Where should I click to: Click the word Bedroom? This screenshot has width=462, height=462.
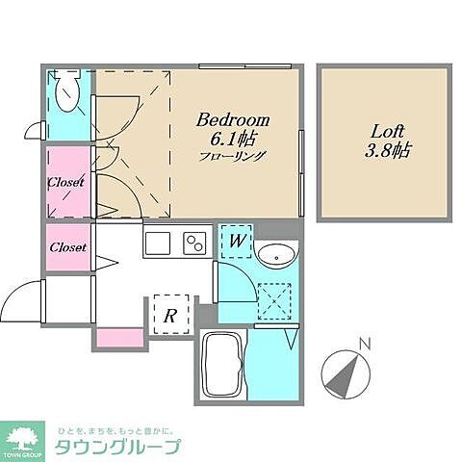pyautogui.click(x=233, y=120)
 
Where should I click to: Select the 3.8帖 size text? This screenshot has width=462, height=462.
pyautogui.click(x=384, y=150)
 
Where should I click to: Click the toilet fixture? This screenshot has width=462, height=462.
pyautogui.click(x=68, y=93)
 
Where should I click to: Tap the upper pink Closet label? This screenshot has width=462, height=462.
pyautogui.click(x=66, y=181)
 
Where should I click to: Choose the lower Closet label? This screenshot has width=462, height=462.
pyautogui.click(x=66, y=247)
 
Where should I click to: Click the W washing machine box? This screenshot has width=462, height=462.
pyautogui.click(x=235, y=242)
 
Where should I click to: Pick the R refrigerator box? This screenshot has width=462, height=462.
pyautogui.click(x=169, y=314)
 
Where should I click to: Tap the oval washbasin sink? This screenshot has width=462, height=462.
pyautogui.click(x=276, y=255)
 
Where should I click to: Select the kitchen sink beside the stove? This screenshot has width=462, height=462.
pyautogui.click(x=159, y=243)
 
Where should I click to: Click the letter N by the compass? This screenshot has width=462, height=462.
pyautogui.click(x=364, y=342)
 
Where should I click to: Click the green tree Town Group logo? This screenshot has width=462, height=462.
pyautogui.click(x=26, y=434)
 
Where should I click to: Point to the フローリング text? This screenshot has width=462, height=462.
pyautogui.click(x=233, y=156)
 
